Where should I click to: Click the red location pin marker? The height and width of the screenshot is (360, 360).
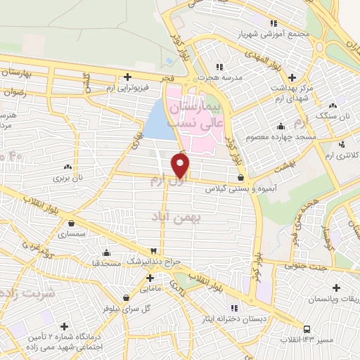coord(181,165)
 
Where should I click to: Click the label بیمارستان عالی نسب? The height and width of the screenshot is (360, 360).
coord(214,112)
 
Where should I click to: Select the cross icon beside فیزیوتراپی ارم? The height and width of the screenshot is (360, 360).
coord(127,77)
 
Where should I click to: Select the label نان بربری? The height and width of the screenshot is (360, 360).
coord(68,179)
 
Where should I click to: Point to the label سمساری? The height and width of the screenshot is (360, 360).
coord(71,233)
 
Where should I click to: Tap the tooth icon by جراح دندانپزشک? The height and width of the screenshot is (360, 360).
coord(153,251)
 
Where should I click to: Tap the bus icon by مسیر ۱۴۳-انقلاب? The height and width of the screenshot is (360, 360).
coord(307,328)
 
